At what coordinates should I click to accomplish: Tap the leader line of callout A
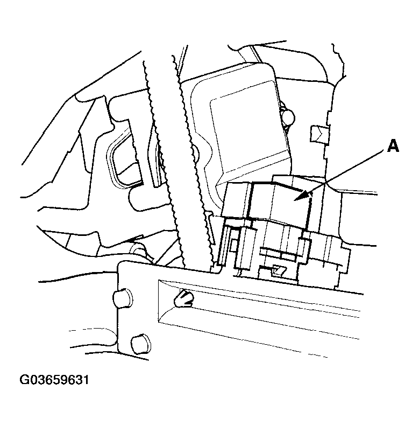(344, 172)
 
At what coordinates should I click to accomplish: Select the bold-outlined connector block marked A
(280, 205)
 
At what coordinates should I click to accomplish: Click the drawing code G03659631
(54, 381)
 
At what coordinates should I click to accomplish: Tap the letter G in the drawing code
(25, 381)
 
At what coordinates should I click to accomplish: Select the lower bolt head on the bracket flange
(141, 343)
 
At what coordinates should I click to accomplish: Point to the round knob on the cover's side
(289, 116)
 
